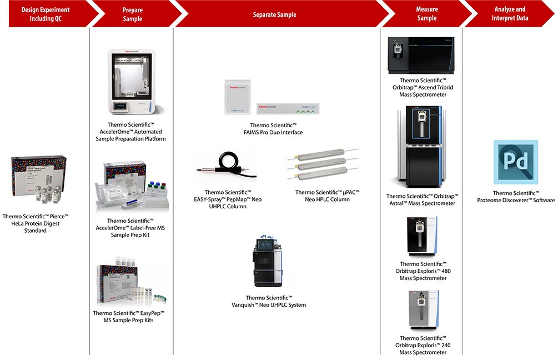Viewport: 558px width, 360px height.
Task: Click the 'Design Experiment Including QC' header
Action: [x=46, y=14]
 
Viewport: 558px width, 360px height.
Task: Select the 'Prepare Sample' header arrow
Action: [x=132, y=14]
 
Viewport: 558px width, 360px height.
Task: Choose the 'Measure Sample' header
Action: [x=426, y=14]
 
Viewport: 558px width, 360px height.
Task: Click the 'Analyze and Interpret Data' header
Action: [x=510, y=14]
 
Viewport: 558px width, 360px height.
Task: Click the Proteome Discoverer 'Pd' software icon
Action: [x=516, y=162]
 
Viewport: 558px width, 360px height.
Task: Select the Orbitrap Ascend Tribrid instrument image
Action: [x=423, y=56]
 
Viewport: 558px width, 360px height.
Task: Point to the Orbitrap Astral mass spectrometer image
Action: [x=423, y=148]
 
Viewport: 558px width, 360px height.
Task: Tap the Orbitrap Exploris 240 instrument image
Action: [x=423, y=311]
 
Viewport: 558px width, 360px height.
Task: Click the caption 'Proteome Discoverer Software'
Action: [x=516, y=197]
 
